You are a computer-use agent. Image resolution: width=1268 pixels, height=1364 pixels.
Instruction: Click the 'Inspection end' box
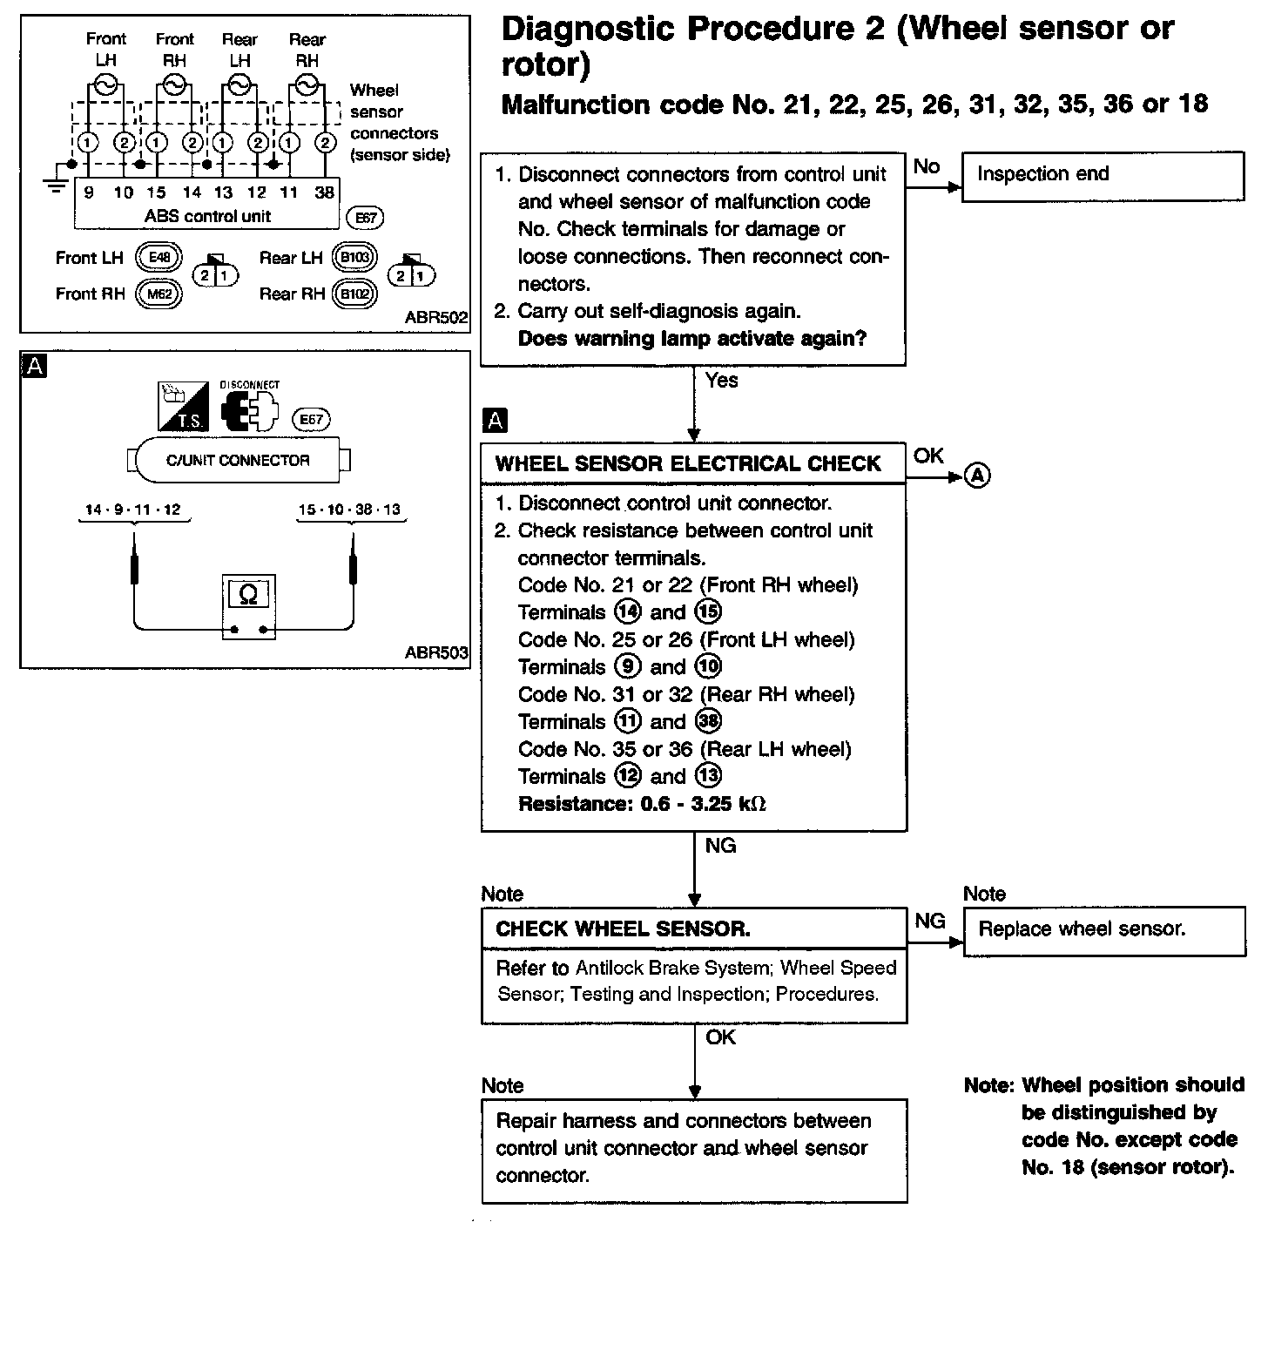click(x=1103, y=176)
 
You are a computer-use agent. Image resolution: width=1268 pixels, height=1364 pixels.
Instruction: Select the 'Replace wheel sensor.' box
click(x=1104, y=930)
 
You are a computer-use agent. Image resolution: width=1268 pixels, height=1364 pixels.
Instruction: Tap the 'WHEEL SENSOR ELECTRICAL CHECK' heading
click(x=688, y=463)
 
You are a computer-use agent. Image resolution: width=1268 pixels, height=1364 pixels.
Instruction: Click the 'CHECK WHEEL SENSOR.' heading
click(x=624, y=928)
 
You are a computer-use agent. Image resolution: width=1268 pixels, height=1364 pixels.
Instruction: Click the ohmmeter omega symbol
click(x=248, y=595)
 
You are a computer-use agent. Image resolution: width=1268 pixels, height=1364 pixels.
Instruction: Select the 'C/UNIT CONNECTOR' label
click(x=238, y=460)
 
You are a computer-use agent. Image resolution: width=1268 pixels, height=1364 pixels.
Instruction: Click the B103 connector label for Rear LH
click(x=354, y=258)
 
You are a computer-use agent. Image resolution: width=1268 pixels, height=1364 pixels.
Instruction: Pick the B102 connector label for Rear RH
click(x=354, y=294)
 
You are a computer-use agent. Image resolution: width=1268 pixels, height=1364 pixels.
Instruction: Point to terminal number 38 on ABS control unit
click(x=324, y=192)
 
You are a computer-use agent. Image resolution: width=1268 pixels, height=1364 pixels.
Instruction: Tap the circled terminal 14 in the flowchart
click(x=627, y=612)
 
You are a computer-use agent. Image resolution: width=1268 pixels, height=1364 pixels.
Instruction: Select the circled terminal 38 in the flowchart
click(x=709, y=721)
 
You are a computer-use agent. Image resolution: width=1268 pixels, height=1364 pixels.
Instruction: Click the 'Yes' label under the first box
click(x=721, y=381)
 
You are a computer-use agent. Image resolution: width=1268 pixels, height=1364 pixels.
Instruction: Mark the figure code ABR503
click(x=435, y=652)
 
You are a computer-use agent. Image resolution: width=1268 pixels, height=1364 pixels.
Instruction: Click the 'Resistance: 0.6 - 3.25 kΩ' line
click(x=642, y=804)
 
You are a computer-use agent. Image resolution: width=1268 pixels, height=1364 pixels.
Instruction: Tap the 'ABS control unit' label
click(x=208, y=216)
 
